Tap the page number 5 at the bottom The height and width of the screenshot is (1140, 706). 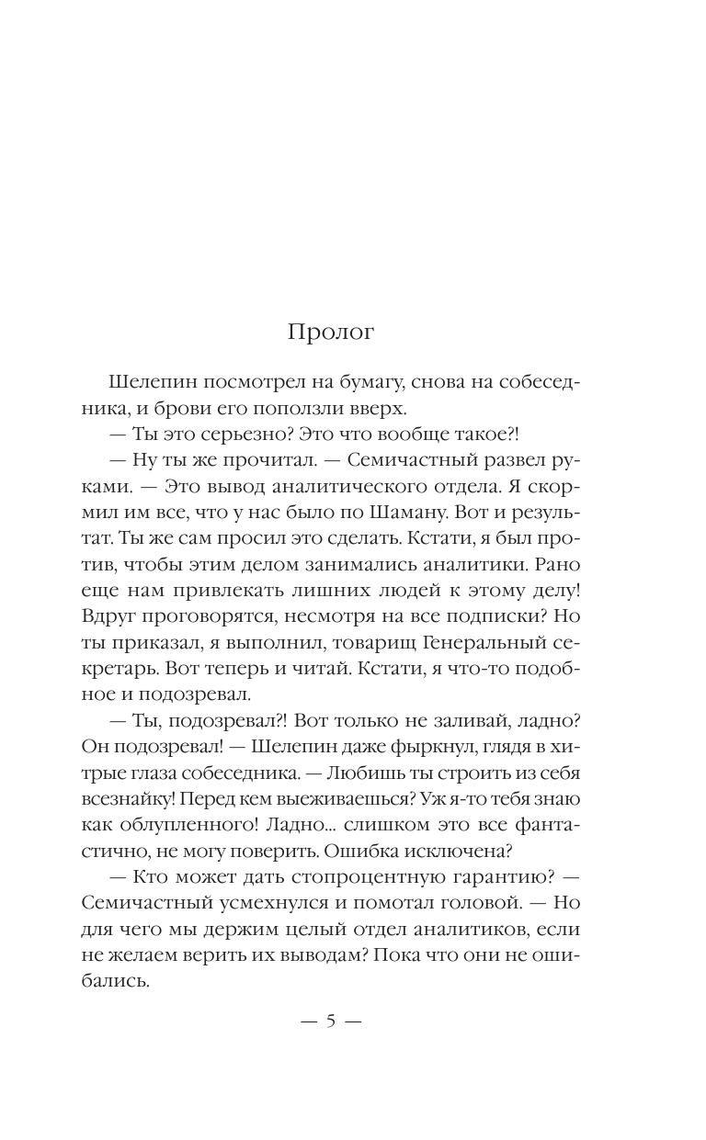pos(331,1023)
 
